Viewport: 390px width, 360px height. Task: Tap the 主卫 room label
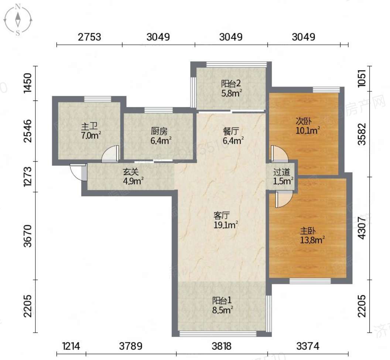tap(89, 126)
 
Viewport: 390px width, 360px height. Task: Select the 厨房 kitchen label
tap(159, 131)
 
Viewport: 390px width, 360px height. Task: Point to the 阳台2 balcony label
tap(231, 84)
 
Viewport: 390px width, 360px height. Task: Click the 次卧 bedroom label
tap(304, 121)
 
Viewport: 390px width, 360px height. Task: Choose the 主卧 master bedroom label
tap(308, 231)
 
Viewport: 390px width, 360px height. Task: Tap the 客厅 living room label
tap(221, 215)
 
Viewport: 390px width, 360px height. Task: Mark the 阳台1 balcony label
tap(222, 300)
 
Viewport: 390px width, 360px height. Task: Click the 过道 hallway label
tap(281, 172)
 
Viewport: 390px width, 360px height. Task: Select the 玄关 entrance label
tap(131, 172)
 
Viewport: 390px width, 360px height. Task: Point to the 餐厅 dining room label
tap(231, 131)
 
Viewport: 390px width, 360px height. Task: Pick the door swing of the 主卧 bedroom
tap(284, 200)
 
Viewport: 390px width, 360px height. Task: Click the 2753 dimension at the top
tap(89, 37)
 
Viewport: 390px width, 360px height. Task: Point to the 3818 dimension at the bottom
tap(222, 346)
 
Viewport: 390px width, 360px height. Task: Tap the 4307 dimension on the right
tap(362, 228)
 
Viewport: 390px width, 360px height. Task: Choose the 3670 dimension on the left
tap(28, 236)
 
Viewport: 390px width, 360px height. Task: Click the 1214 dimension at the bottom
tap(71, 346)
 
